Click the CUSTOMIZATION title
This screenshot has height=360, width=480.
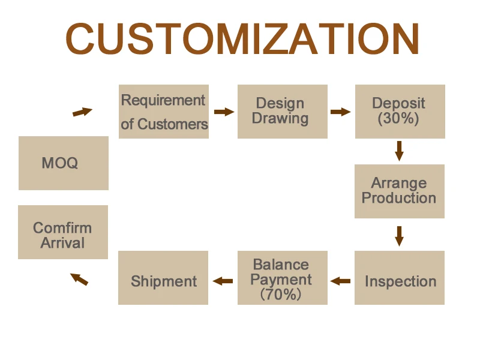[242, 39]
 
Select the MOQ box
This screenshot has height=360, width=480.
[64, 163]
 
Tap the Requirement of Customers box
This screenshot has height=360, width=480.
[164, 112]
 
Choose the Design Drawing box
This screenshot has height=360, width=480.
[283, 112]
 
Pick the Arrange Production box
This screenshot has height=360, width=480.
[400, 191]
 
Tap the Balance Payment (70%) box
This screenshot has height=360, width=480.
[283, 278]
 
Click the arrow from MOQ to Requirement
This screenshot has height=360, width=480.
[83, 112]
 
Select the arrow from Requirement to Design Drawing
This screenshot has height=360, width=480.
[224, 112]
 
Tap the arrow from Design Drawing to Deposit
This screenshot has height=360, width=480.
[340, 112]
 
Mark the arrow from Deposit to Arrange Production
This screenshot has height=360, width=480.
[399, 151]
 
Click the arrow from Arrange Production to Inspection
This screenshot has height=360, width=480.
[399, 235]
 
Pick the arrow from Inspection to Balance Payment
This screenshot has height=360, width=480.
[341, 280]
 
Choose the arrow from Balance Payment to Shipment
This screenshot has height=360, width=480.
[223, 280]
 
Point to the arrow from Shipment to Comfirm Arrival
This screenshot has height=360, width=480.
[79, 279]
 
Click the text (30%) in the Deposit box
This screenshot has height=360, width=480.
[398, 119]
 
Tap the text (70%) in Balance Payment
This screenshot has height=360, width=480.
[281, 295]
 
